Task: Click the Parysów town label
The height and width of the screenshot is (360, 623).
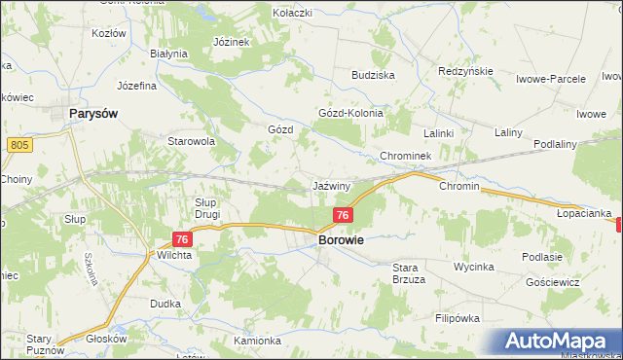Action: pyautogui.click(x=94, y=114)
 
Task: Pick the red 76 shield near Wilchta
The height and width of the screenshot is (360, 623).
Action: pyautogui.click(x=181, y=237)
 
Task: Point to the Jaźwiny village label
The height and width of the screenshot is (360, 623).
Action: pyautogui.click(x=332, y=185)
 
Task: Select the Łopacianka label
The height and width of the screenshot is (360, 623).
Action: pyautogui.click(x=584, y=212)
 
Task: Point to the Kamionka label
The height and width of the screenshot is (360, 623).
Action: pyautogui.click(x=257, y=341)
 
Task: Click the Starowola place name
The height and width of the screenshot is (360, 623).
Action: pyautogui.click(x=191, y=141)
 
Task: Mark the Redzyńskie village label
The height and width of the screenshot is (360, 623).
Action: pyautogui.click(x=467, y=72)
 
